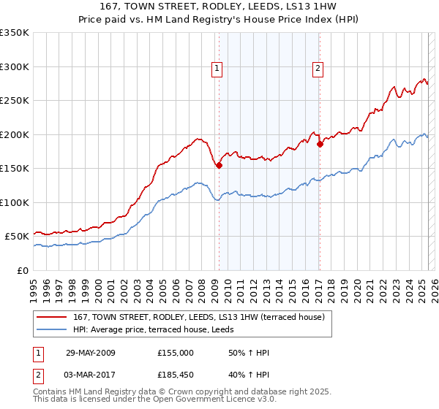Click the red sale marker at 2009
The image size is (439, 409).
point(219,166)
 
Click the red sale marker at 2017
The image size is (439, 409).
point(320,145)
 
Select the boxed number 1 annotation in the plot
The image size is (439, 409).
point(218,69)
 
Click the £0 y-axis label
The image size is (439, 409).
point(22,270)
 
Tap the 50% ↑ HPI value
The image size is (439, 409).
point(248,353)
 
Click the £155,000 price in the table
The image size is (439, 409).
point(176,353)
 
